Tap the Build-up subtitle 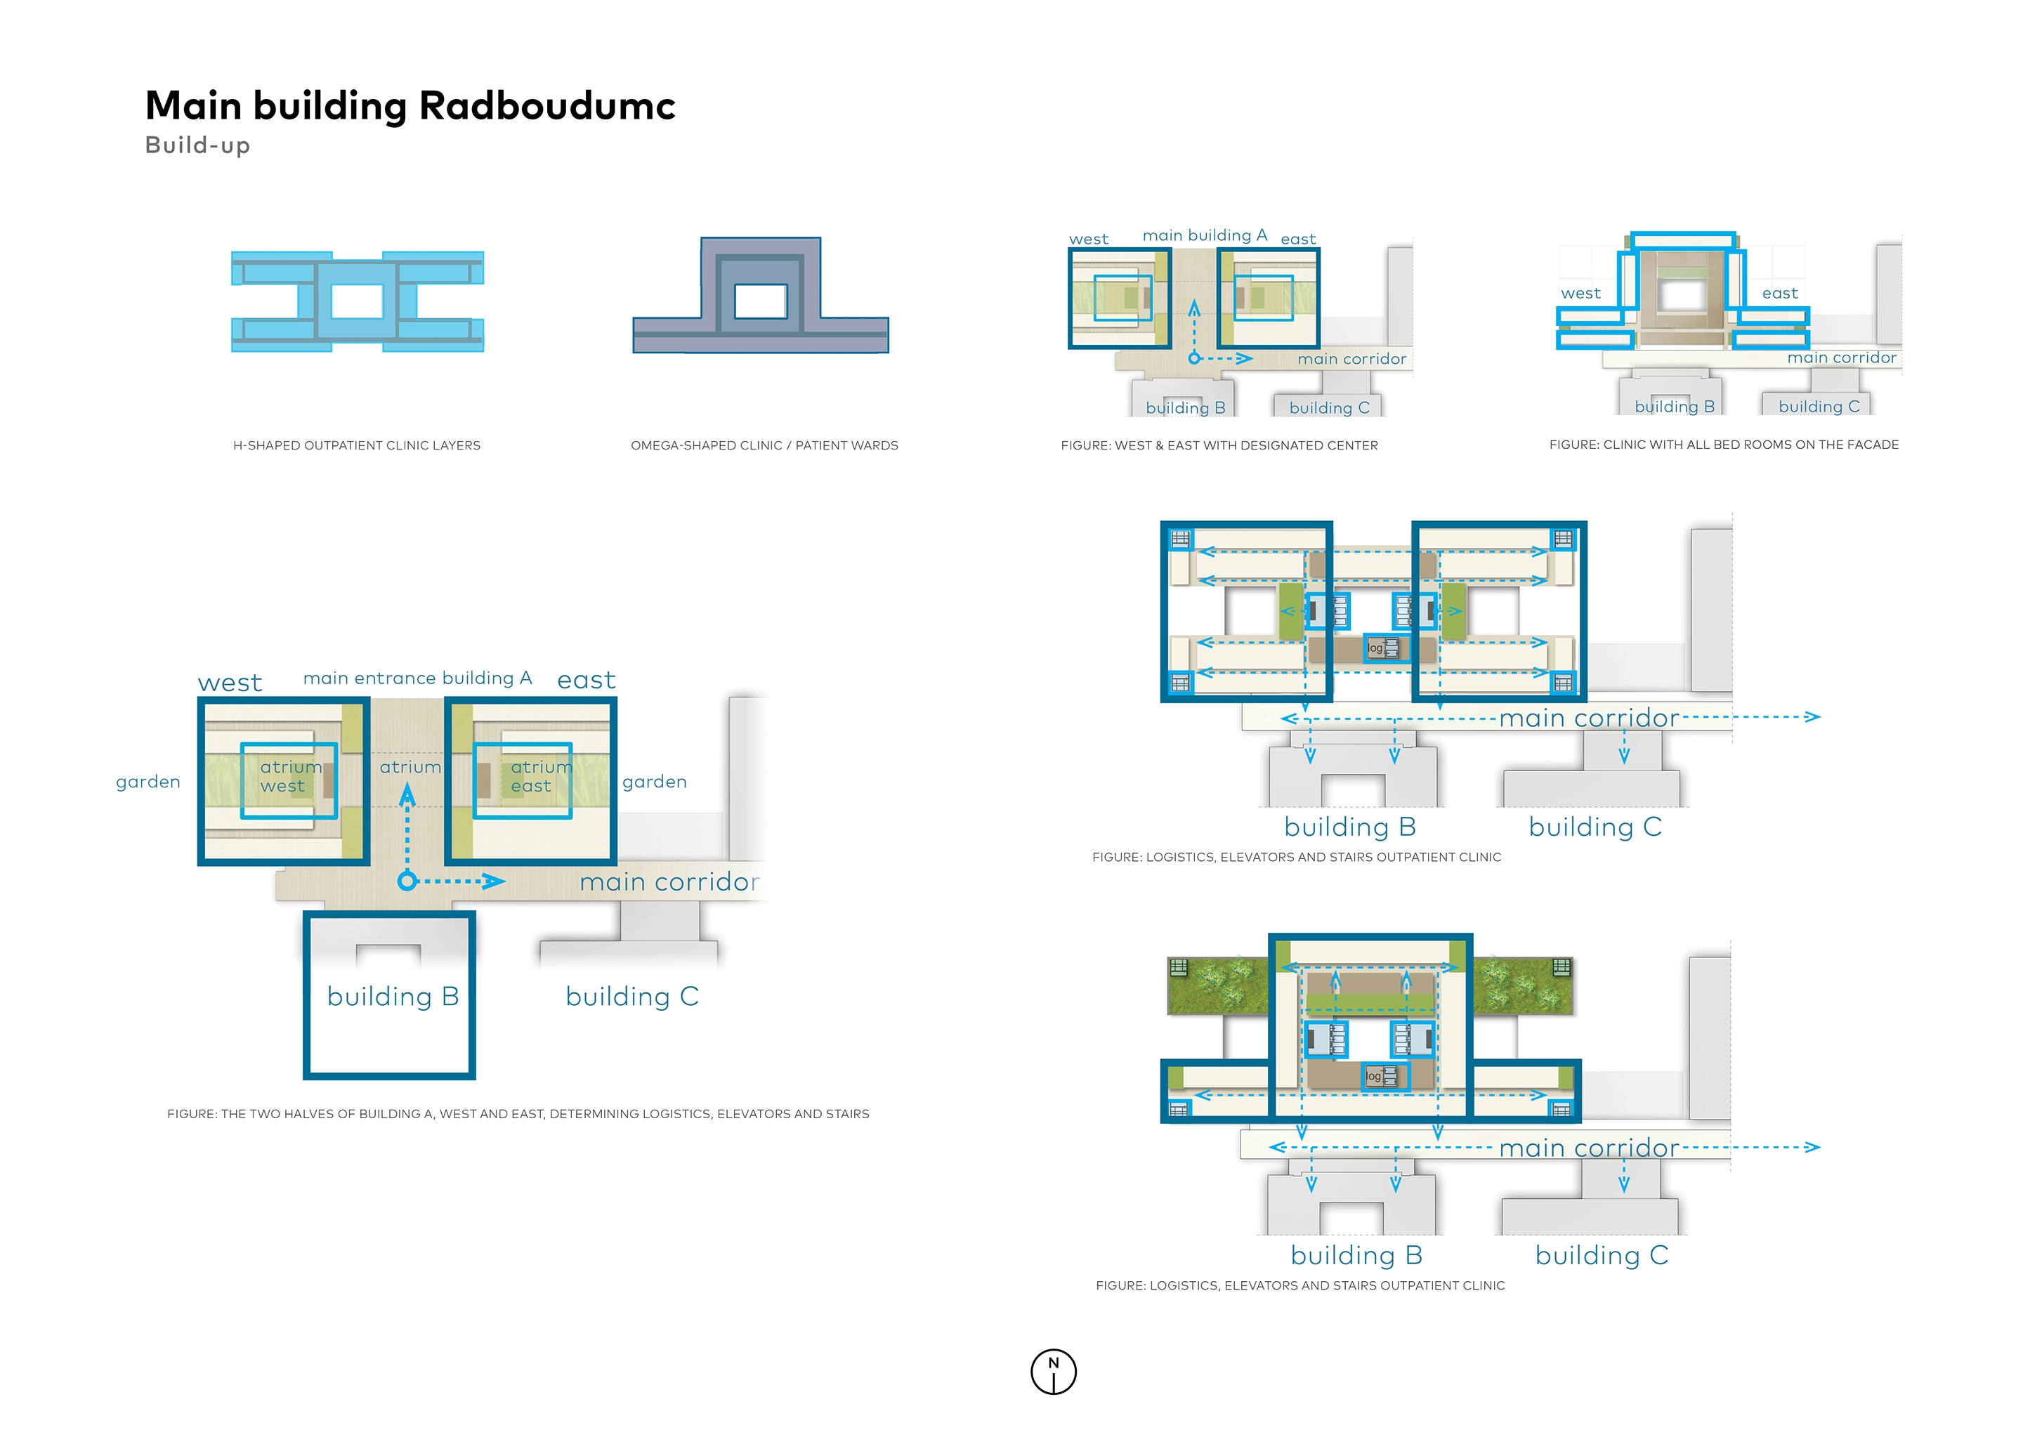click(x=197, y=145)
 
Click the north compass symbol click(x=1053, y=1371)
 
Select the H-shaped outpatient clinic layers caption click(x=356, y=446)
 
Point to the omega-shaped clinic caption click(x=764, y=446)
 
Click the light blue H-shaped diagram click(x=357, y=301)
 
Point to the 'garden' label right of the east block click(x=654, y=782)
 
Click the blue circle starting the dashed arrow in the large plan click(x=406, y=880)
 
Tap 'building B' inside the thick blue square click(x=392, y=997)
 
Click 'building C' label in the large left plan click(x=631, y=997)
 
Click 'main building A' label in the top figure click(x=1205, y=235)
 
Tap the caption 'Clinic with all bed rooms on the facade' click(x=1724, y=445)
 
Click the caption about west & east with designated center click(x=1219, y=446)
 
